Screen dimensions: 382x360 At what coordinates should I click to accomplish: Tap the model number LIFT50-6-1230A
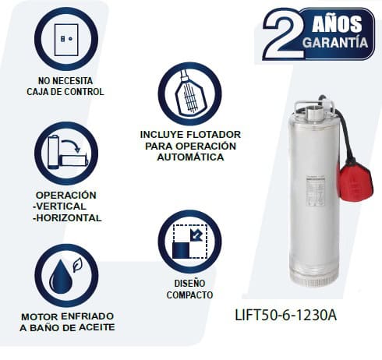(285, 315)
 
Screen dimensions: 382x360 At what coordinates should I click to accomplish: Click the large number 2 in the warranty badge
(284, 34)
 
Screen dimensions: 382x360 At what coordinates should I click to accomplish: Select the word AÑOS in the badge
(337, 24)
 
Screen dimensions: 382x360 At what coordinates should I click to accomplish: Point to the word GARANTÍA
(335, 43)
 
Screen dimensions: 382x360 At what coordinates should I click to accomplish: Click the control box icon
(66, 40)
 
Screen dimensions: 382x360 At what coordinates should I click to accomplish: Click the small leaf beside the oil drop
(77, 265)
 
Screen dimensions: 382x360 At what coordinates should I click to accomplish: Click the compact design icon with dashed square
(190, 242)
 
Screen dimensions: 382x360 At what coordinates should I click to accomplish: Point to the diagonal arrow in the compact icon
(196, 235)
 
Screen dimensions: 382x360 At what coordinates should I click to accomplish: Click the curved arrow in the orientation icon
(72, 146)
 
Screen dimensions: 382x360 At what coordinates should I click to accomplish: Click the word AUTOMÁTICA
(190, 157)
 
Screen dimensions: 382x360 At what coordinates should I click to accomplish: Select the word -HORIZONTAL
(67, 218)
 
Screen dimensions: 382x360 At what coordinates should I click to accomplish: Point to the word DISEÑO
(189, 283)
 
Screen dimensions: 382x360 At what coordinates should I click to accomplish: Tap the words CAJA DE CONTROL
(65, 92)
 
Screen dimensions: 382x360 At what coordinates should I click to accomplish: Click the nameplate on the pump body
(315, 192)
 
